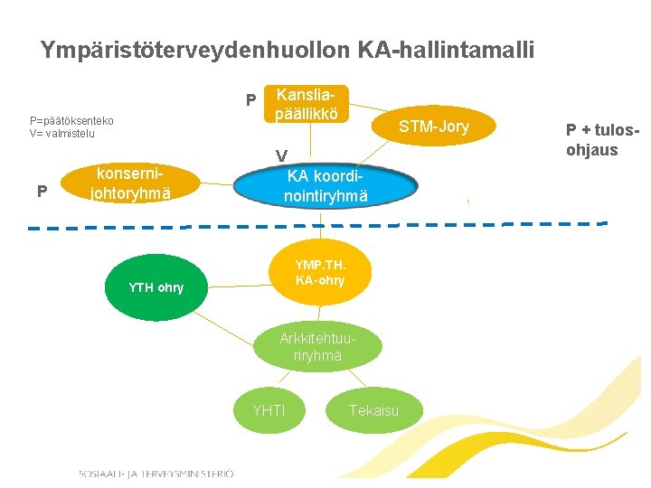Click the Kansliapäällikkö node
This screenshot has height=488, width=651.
pos(307,105)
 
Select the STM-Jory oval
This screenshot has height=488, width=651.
pos(434,127)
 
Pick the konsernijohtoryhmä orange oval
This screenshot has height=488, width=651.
pos(132,183)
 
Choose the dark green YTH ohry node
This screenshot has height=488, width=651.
pos(156,287)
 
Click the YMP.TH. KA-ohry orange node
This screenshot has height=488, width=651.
pos(319,272)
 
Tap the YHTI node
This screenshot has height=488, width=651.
pos(269,411)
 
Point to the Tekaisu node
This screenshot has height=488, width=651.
pos(373,411)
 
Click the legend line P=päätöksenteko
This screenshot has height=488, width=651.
pos(71,121)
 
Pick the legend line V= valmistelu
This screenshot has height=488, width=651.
pos(62,134)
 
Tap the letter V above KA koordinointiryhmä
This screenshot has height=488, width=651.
pos(282,156)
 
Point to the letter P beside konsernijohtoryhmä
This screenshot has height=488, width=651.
pos(42,192)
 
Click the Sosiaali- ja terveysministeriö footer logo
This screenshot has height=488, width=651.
pos(156,474)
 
